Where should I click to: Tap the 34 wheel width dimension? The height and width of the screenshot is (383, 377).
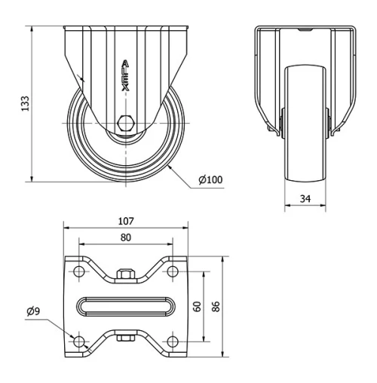[x=305, y=198]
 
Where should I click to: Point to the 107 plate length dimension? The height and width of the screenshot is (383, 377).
[x=125, y=221]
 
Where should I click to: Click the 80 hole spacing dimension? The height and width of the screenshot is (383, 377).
[x=125, y=237]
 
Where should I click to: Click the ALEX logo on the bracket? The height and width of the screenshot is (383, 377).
[x=125, y=76]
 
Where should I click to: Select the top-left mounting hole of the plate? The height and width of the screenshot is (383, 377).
[x=78, y=271]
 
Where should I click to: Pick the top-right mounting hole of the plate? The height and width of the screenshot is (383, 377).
[x=172, y=271]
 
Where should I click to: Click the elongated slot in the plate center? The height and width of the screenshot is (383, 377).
[x=125, y=307]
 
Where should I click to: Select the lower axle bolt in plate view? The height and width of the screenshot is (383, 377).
[x=125, y=339]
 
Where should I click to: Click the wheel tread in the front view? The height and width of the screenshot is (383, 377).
[x=305, y=151]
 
